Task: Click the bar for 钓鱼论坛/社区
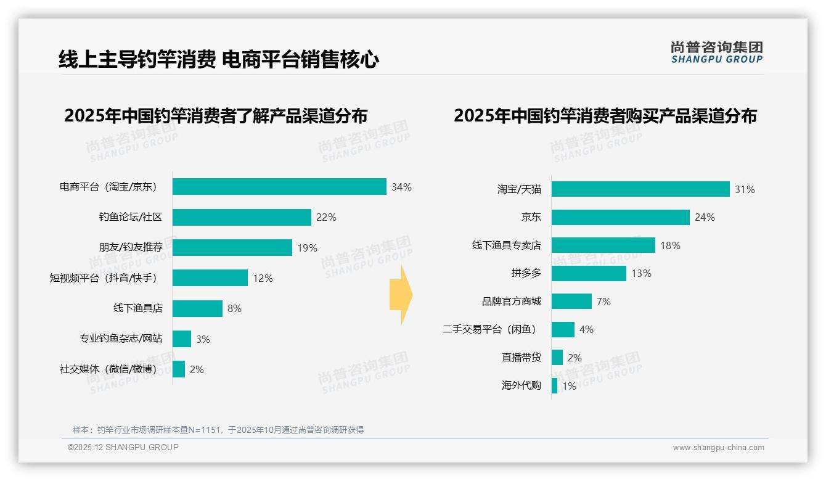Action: point(242,217)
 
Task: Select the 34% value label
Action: point(401,187)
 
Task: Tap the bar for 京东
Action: point(620,217)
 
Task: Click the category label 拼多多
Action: point(526,273)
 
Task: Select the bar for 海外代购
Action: point(554,386)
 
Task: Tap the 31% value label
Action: point(745,189)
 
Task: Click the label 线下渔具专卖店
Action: point(506,245)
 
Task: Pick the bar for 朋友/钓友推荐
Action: point(232,247)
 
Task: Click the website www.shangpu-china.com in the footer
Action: point(718,448)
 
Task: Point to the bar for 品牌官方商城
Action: point(571,302)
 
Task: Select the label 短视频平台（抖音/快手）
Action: point(104,278)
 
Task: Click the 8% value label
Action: point(234,308)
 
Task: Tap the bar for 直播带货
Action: point(557,358)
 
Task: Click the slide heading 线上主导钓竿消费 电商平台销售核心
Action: point(218,60)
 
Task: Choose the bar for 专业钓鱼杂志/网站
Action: point(182,339)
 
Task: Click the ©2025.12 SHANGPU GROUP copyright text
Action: point(123,447)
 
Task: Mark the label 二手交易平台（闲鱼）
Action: point(489,330)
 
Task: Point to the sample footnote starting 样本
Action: point(218,430)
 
